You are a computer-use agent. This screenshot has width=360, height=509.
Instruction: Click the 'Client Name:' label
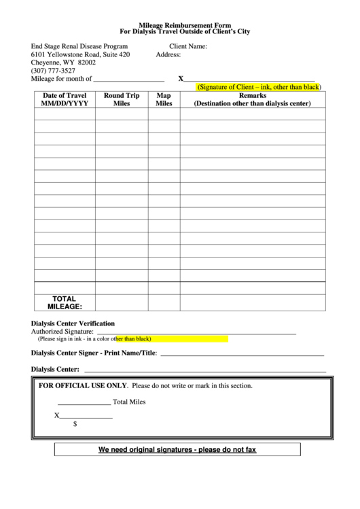[188, 46]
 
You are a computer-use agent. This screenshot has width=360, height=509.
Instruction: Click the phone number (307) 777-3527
[53, 71]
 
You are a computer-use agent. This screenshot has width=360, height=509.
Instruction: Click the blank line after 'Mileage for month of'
[128, 80]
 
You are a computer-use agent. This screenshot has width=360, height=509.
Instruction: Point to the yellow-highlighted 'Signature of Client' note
[258, 88]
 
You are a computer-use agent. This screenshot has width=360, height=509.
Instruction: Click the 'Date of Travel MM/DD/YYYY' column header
[64, 100]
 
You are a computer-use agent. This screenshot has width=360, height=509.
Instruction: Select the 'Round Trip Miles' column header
[122, 100]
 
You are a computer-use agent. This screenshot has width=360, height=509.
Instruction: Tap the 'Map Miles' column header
[164, 100]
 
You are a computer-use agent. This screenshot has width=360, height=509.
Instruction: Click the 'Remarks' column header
[252, 100]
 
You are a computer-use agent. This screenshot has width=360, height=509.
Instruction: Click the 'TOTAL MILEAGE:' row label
[64, 302]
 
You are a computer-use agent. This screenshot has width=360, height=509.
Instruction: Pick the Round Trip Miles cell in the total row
[122, 302]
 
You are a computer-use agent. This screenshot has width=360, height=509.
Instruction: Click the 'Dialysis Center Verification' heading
[73, 323]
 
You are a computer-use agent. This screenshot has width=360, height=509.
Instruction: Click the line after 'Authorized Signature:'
[197, 333]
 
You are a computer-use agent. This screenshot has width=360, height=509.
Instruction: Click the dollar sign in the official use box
[74, 423]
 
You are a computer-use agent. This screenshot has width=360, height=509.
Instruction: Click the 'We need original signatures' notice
[177, 450]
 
